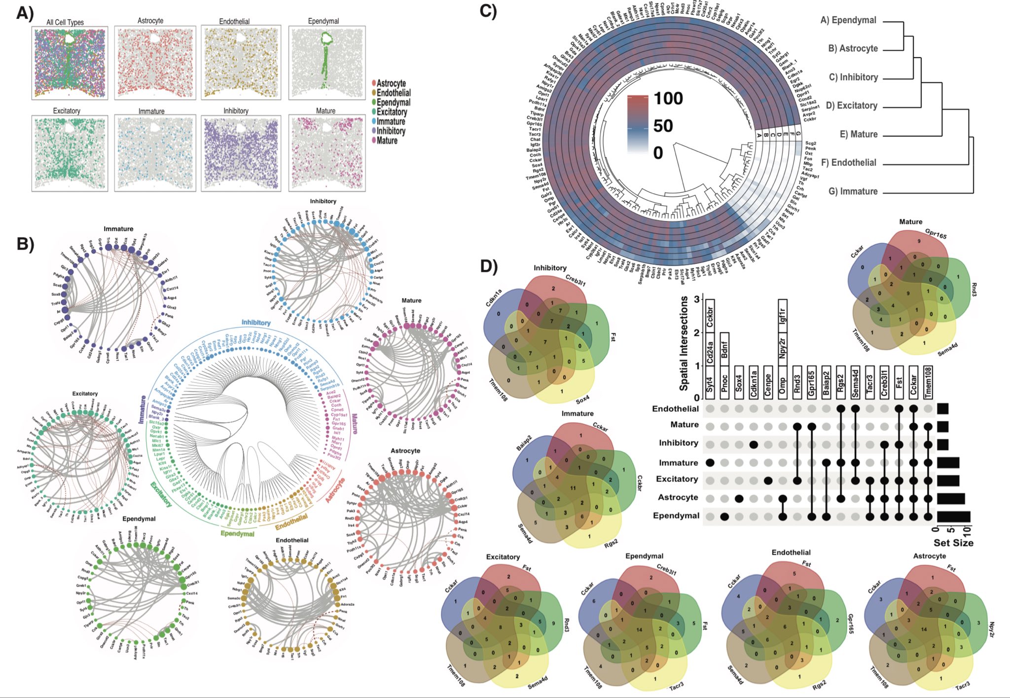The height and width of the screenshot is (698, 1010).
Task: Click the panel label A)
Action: pyautogui.click(x=25, y=13)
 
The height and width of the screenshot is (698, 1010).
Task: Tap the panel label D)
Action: pyautogui.click(x=489, y=267)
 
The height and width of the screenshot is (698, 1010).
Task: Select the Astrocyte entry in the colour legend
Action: pyautogui.click(x=391, y=83)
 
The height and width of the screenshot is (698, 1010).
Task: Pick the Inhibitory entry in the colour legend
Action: pyautogui.click(x=391, y=131)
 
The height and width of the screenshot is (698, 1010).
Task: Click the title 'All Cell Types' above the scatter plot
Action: pyautogui.click(x=65, y=22)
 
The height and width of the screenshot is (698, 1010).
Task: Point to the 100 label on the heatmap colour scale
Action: pyautogui.click(x=668, y=99)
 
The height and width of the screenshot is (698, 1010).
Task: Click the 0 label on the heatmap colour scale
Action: pyautogui.click(x=658, y=153)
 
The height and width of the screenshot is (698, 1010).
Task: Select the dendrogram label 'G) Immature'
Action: pyautogui.click(x=853, y=191)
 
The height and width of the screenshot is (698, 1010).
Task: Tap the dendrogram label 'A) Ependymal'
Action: pyautogui.click(x=848, y=20)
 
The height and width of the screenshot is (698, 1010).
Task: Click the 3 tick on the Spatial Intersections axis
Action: pyautogui.click(x=696, y=299)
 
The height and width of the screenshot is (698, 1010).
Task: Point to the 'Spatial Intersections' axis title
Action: pyautogui.click(x=684, y=343)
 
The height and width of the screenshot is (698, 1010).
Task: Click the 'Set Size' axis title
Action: pyautogui.click(x=953, y=543)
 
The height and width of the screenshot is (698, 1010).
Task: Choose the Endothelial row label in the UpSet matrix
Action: pyautogui.click(x=675, y=408)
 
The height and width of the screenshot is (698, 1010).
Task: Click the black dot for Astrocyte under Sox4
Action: pyautogui.click(x=739, y=498)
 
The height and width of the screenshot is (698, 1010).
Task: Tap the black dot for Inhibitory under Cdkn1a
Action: pyautogui.click(x=754, y=444)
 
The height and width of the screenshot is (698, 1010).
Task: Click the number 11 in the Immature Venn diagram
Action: pyautogui.click(x=573, y=488)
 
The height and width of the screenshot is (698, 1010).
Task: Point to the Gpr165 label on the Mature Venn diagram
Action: pyautogui.click(x=936, y=234)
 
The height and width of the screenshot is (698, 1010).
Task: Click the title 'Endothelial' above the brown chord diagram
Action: pyautogui.click(x=292, y=540)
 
